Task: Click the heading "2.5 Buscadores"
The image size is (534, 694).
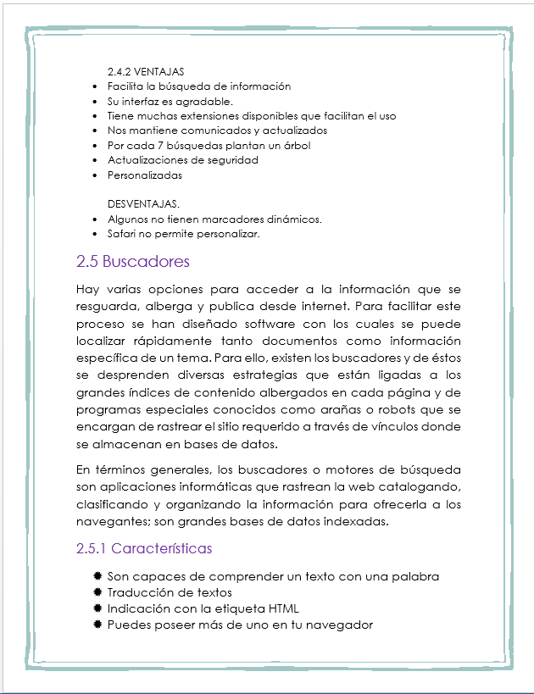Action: coord(133,261)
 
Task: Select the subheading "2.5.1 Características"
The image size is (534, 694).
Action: coord(144,548)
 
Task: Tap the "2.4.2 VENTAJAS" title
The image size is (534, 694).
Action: coord(146,71)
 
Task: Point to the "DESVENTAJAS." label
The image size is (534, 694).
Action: coord(144,204)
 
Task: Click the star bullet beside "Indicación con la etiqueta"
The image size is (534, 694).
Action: coord(97,608)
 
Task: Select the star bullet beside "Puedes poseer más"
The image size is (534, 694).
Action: coord(97,625)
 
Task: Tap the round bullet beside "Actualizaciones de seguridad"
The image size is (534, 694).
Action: coord(93,160)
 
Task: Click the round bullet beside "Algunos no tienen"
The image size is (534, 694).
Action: coord(93,219)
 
